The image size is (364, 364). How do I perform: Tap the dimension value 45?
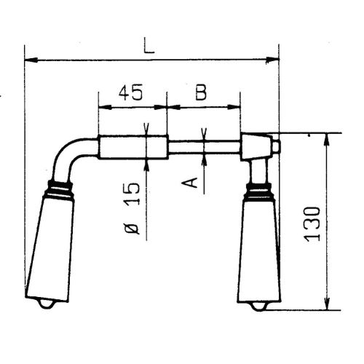tap(131, 92)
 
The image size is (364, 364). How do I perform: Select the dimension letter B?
tap(202, 92)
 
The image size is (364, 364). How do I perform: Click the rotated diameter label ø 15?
tap(131, 207)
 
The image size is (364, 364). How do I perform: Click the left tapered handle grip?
tap(50, 248)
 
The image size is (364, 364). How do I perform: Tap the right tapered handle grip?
tap(258, 251)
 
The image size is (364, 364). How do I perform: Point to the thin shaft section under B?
tap(204, 148)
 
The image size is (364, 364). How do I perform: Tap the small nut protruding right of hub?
tap(276, 146)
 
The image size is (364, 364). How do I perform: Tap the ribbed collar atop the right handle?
tap(258, 191)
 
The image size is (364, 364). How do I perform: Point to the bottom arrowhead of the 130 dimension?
tap(325, 305)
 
